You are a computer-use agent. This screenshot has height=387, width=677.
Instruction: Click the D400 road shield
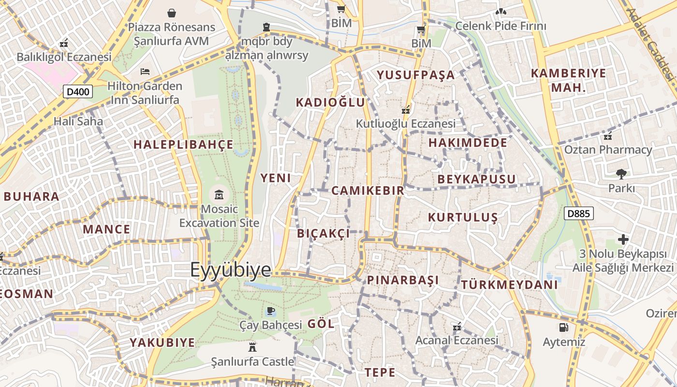pos(77,91)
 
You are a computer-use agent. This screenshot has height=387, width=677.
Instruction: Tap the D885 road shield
pos(578,213)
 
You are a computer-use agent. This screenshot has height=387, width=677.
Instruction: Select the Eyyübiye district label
pos(230,269)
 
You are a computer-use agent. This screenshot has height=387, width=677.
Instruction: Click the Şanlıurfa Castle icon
pos(251,347)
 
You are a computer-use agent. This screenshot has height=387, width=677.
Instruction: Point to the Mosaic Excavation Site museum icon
pos(219,195)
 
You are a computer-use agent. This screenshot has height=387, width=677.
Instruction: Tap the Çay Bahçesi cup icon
pos(270,311)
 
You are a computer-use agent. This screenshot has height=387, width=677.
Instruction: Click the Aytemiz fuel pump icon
pos(563,327)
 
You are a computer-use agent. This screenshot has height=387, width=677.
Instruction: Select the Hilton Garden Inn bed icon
pos(145,72)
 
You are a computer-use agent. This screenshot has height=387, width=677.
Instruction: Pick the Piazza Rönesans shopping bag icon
pos(171,13)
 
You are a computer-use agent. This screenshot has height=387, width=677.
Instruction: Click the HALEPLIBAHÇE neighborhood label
pos(183,145)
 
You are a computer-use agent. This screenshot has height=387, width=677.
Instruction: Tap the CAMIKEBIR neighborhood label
pos(368,191)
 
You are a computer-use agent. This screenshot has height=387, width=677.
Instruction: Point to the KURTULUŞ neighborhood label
pos(463,217)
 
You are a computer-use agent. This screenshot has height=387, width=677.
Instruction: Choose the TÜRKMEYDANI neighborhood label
pos(510,284)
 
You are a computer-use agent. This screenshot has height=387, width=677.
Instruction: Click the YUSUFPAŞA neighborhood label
pos(416,75)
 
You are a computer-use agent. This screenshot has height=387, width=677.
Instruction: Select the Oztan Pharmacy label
pos(608,149)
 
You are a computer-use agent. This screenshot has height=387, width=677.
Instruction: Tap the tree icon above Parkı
pos(621,174)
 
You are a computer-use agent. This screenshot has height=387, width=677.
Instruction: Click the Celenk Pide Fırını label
pos(501,26)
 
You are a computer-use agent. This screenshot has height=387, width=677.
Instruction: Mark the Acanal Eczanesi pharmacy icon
pos(456,327)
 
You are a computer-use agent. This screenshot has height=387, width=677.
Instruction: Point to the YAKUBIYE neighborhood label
pos(162,342)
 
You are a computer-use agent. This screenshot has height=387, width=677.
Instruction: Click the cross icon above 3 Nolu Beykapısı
pos(623,239)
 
